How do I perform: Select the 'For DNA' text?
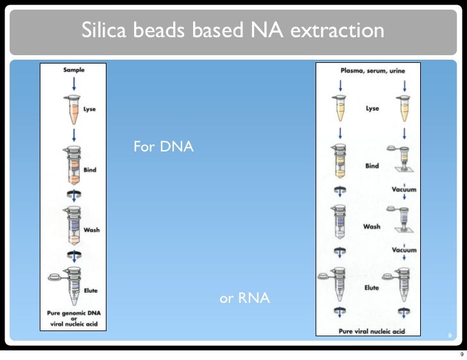(163, 148)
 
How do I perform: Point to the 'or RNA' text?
(244, 298)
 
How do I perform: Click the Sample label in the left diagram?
(73, 69)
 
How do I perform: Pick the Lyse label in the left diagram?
(90, 109)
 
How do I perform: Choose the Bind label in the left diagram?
(90, 170)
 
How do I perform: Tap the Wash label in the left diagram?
(91, 230)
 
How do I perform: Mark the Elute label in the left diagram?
(91, 291)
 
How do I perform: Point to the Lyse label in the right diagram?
(372, 108)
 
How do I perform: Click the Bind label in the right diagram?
(372, 166)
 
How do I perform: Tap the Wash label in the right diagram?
(372, 227)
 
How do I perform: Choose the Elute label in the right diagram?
(371, 288)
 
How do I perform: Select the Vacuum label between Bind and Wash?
(404, 189)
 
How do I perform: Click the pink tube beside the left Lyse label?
(73, 111)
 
